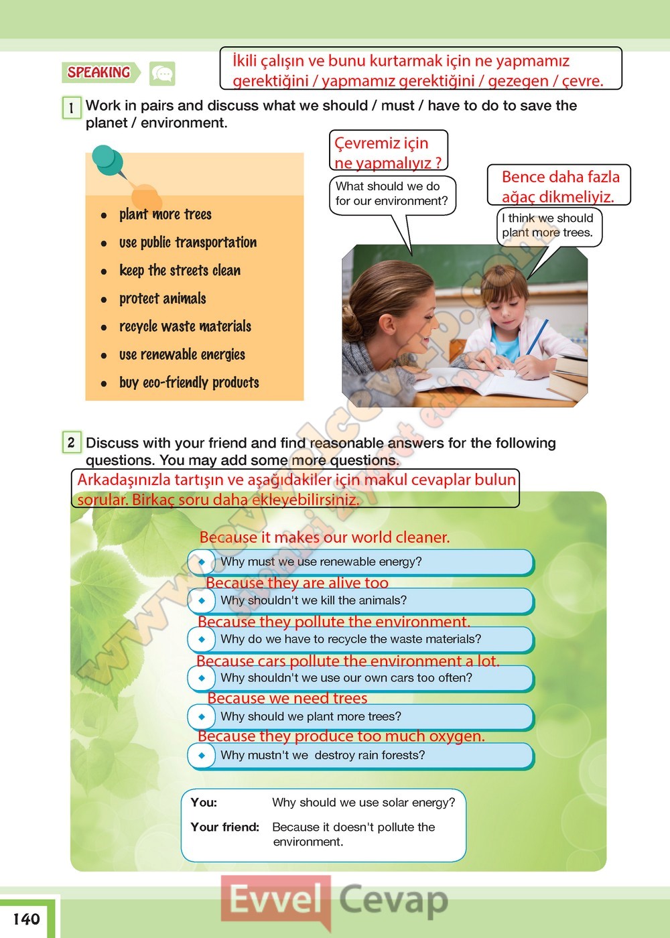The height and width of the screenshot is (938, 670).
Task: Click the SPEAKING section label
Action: click(99, 72)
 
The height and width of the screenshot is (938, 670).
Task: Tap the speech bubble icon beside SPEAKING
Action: click(162, 74)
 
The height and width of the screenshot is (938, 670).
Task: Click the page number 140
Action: click(26, 919)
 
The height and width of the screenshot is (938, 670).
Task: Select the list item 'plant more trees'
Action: click(165, 214)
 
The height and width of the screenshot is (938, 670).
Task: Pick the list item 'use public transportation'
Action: click(188, 243)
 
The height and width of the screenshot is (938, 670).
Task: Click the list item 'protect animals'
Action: click(162, 299)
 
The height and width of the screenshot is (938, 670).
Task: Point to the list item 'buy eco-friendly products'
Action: click(189, 383)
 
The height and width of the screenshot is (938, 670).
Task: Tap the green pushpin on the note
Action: click(109, 160)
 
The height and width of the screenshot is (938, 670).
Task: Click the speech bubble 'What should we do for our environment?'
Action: click(392, 194)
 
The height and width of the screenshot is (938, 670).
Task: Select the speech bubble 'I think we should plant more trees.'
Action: click(547, 225)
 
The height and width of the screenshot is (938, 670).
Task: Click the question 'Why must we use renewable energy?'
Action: click(321, 561)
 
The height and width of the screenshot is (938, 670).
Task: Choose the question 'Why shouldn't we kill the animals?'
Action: click(314, 600)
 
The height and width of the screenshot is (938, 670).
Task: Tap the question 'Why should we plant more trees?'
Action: click(311, 716)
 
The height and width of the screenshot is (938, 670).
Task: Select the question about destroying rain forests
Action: click(322, 755)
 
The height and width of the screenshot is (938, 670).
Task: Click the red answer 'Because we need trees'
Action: click(287, 698)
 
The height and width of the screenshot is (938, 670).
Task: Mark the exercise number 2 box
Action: click(71, 442)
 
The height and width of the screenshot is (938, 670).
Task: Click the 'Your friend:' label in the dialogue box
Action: click(224, 827)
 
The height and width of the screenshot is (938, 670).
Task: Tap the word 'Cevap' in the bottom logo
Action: click(393, 900)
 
